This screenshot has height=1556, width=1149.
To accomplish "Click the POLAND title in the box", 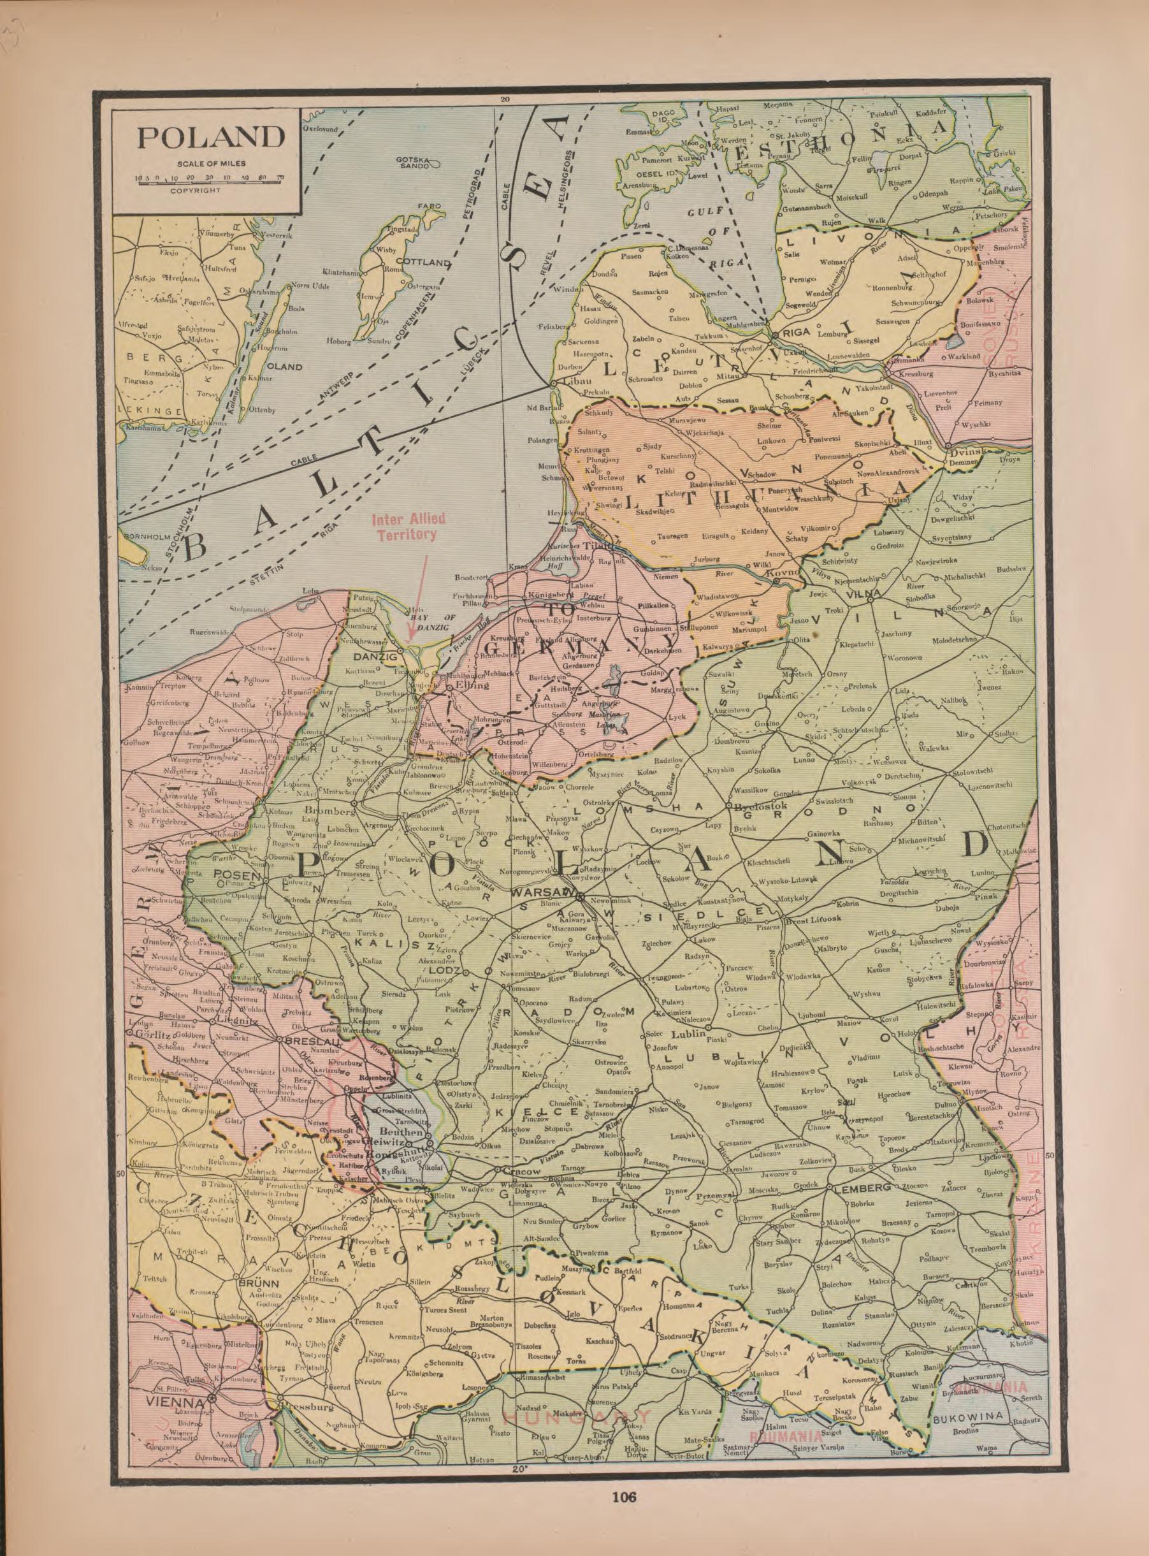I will [211, 137].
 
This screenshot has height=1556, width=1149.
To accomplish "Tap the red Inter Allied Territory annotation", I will [408, 527].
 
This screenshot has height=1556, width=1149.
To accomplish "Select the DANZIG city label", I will [375, 656].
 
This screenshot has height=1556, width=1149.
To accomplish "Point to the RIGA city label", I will [797, 333].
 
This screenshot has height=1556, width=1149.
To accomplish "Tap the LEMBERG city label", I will [862, 1188].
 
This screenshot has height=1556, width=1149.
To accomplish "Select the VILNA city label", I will [864, 593].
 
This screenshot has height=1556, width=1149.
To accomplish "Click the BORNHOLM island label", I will [143, 537].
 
